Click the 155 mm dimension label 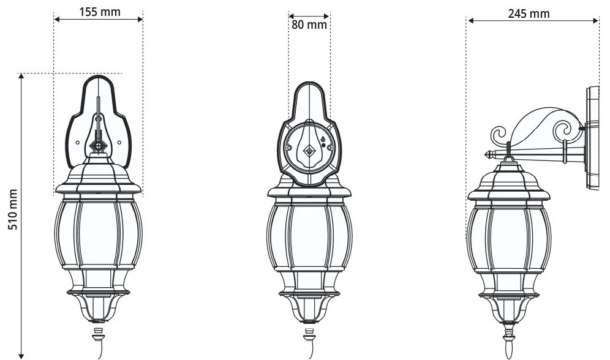[100, 12]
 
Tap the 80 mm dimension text [309, 25]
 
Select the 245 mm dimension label [529, 13]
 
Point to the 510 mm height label [13, 209]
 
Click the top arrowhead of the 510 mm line [21, 76]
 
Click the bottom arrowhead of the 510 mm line [21, 356]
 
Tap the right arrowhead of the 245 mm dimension [595, 20]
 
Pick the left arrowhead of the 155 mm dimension [57, 19]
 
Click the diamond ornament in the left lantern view [99, 146]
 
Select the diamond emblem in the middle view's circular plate [309, 151]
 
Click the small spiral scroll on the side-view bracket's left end [499, 135]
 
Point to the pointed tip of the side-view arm [486, 155]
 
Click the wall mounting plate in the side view [592, 138]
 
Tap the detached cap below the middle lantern [309, 334]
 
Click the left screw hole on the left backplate [77, 143]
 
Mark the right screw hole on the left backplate [119, 143]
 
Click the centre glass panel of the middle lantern [309, 237]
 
